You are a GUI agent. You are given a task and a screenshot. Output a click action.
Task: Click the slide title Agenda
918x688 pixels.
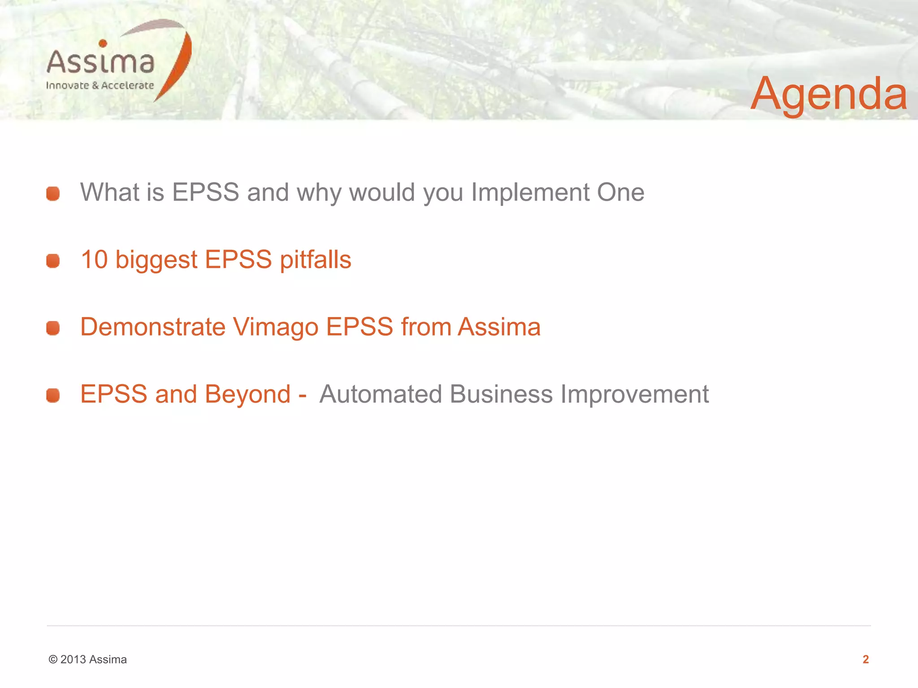tap(828, 94)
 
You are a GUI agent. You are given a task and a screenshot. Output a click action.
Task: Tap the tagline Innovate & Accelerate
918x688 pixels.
tap(100, 86)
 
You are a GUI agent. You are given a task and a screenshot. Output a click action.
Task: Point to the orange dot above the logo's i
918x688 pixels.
tap(103, 43)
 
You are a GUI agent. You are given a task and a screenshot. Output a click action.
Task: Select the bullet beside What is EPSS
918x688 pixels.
tap(53, 193)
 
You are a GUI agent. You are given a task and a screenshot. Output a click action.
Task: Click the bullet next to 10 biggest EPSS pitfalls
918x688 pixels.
tap(53, 261)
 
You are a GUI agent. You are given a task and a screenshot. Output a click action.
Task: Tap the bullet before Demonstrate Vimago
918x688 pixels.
tap(53, 328)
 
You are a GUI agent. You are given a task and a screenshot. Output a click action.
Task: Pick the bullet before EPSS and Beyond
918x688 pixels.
tap(53, 395)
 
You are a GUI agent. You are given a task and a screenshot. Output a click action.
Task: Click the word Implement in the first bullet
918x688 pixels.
tap(530, 193)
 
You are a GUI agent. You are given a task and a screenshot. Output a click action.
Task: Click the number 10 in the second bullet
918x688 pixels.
tap(94, 260)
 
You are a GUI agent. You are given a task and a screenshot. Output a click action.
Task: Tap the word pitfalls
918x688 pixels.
tap(315, 260)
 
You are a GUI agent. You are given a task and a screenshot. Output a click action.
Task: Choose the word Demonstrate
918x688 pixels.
tap(152, 327)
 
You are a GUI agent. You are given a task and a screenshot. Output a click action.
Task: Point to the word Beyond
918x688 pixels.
tap(247, 394)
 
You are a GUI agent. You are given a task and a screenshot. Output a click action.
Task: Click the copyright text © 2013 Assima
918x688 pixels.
tap(88, 659)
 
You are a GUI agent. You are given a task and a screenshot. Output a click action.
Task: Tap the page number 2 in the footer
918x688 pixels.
tap(866, 659)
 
